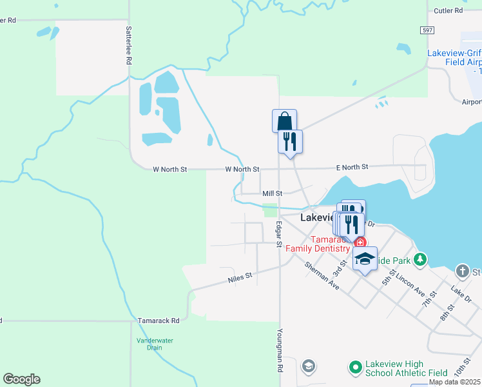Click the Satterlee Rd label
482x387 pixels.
[x=129, y=45]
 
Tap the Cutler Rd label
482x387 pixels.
[x=448, y=11]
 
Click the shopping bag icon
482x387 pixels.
[x=284, y=121]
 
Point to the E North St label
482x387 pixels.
[x=352, y=167]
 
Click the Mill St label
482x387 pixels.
[x=272, y=193]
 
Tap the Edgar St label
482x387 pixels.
[x=279, y=234]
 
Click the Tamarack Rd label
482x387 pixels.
[x=158, y=320]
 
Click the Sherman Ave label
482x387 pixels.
[x=322, y=275]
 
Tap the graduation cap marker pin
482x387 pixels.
[x=365, y=259]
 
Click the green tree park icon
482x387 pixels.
[x=420, y=259]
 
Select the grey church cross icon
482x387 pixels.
[x=462, y=270]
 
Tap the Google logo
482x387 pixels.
[x=21, y=379]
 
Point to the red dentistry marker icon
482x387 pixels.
[x=360, y=243]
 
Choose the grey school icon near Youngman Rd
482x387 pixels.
[x=309, y=366]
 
